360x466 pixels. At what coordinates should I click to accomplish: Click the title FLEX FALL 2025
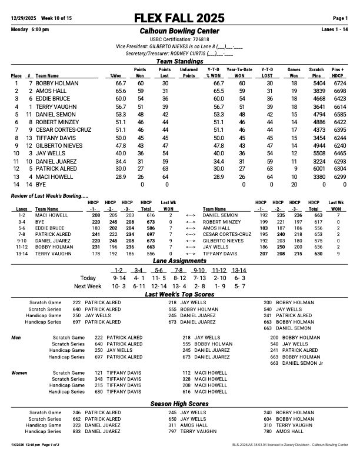[179, 18]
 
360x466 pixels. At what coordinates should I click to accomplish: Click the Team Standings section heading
[179, 61]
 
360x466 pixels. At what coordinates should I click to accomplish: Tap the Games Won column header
[294, 72]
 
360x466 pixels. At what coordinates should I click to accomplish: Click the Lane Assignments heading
[179, 261]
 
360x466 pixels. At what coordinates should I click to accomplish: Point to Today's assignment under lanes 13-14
[239, 278]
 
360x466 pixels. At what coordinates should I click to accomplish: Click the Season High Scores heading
[179, 404]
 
